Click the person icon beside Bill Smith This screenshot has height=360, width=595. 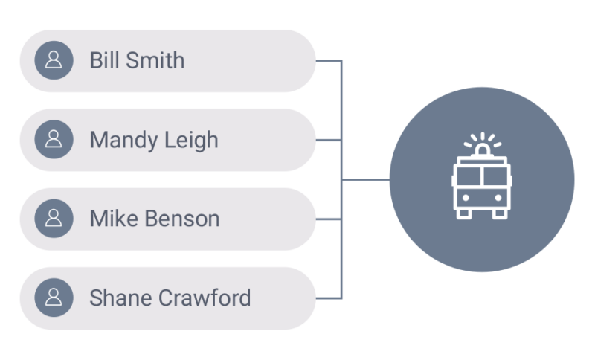(54, 60)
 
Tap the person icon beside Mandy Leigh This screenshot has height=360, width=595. (54, 140)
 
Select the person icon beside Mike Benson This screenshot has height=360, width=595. (54, 219)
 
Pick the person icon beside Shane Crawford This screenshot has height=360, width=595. (54, 298)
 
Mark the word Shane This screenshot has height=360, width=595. (118, 298)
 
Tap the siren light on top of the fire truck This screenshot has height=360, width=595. (482, 150)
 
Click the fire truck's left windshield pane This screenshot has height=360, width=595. (468, 176)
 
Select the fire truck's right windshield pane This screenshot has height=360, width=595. (495, 176)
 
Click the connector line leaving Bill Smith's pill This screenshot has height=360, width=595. (328, 61)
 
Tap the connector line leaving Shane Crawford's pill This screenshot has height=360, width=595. (328, 299)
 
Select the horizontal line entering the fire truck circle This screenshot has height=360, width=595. (366, 180)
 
